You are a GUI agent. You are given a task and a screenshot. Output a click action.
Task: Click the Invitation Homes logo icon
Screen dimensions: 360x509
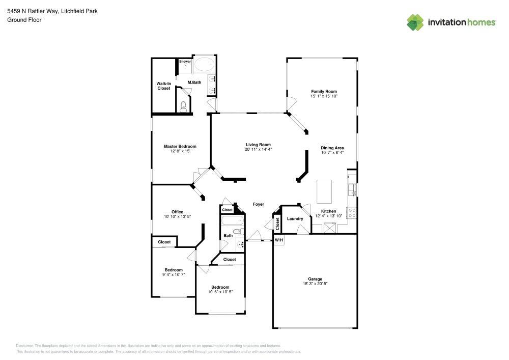click(415, 22)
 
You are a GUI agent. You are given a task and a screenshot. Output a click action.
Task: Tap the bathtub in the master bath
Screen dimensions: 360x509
click(206, 65)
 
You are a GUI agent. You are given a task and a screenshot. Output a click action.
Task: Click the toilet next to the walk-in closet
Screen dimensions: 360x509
click(184, 106)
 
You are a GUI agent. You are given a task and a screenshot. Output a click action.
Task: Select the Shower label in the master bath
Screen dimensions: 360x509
click(185, 62)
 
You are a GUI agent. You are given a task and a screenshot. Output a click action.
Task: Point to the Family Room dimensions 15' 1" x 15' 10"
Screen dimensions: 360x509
click(324, 96)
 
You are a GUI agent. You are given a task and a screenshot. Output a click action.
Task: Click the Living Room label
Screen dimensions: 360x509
click(258, 144)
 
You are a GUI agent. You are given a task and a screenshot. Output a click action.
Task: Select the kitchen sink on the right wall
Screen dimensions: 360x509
click(352, 189)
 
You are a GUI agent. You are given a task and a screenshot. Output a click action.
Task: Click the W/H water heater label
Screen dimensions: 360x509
click(279, 240)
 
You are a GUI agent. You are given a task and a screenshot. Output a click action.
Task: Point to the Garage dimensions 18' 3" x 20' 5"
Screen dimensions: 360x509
click(315, 283)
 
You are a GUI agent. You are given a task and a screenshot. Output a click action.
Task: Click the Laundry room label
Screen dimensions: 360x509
click(295, 219)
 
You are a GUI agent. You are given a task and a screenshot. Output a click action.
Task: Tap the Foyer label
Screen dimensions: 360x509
click(259, 204)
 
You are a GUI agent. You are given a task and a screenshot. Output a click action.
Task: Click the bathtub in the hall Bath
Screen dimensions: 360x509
click(232, 221)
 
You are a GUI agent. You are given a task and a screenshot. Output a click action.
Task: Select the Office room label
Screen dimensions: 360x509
click(177, 212)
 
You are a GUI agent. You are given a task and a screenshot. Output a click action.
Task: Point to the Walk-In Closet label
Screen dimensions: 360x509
click(163, 86)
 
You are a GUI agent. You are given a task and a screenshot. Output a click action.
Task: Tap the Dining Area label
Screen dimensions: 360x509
click(332, 148)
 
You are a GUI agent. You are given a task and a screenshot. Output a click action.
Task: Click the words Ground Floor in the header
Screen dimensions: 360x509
click(24, 20)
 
